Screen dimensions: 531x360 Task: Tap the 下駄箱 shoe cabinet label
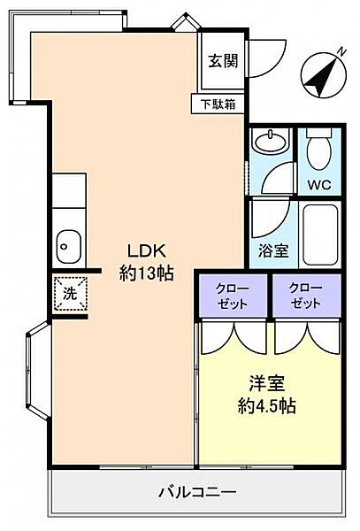click(x=218, y=103)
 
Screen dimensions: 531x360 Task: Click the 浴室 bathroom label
click(x=274, y=250)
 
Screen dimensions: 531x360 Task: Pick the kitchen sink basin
click(x=68, y=243)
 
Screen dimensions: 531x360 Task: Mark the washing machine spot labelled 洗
click(x=69, y=293)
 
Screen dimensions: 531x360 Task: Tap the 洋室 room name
click(x=264, y=384)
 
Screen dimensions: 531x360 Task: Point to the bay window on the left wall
click(x=41, y=371)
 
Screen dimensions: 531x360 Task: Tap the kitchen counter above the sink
click(x=68, y=195)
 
